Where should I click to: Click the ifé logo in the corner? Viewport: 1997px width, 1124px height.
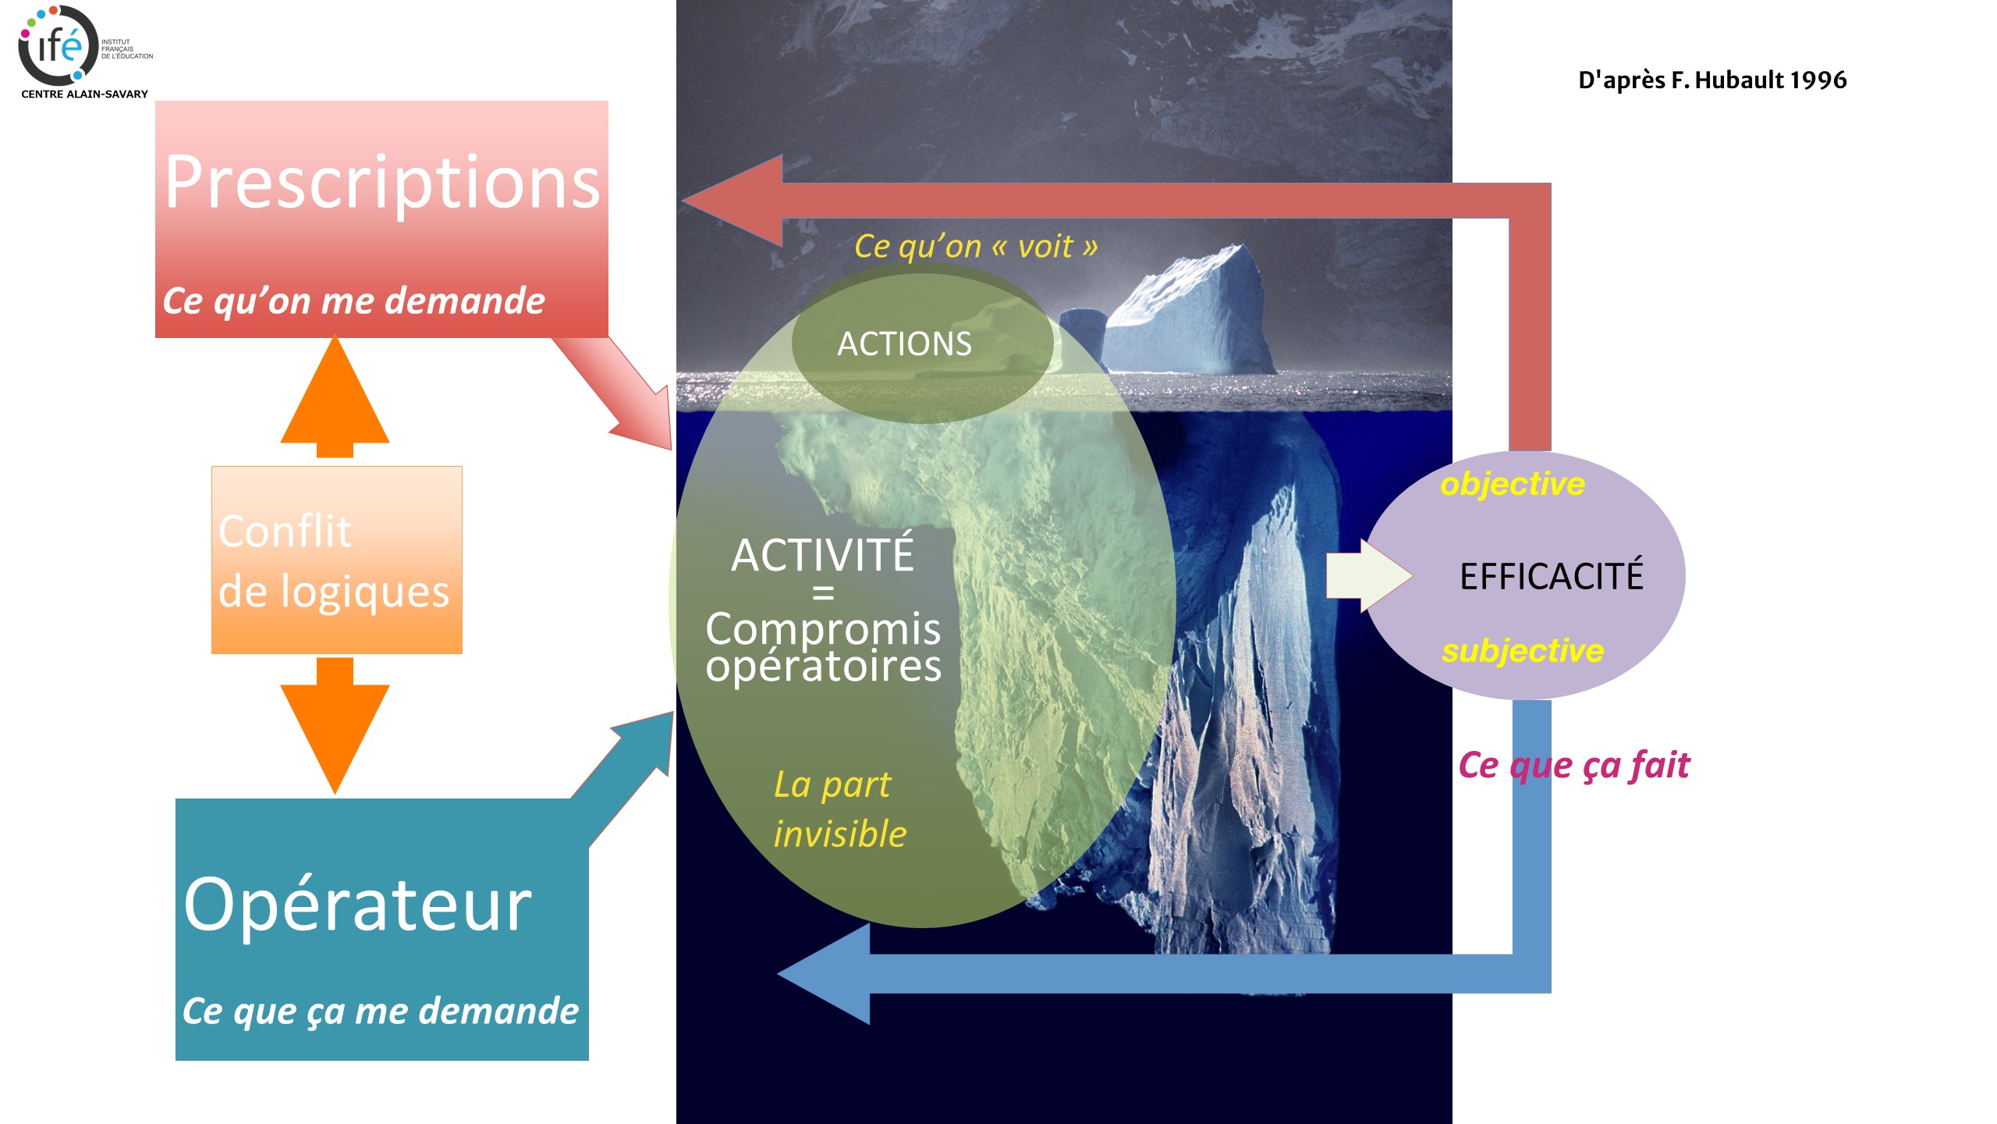pyautogui.click(x=59, y=45)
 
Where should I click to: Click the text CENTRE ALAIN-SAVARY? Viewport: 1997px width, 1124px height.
pyautogui.click(x=84, y=94)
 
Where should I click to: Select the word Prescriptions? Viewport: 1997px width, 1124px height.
pyautogui.click(x=382, y=183)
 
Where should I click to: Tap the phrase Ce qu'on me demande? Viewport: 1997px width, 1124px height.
pyautogui.click(x=353, y=301)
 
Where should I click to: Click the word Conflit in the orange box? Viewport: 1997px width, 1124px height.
pyautogui.click(x=285, y=532)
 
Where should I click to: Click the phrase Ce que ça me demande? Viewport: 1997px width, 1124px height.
pyautogui.click(x=381, y=1012)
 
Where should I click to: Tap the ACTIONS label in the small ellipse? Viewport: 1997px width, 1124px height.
pyautogui.click(x=905, y=344)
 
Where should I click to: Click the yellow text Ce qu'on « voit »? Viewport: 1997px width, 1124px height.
pyautogui.click(x=976, y=247)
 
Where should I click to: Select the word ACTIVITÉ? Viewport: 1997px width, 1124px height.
pyautogui.click(x=822, y=555)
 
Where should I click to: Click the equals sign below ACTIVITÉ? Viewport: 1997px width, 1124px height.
pyautogui.click(x=823, y=594)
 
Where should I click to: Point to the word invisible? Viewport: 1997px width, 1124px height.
pyautogui.click(x=840, y=834)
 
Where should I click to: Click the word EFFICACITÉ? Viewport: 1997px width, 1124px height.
pyautogui.click(x=1552, y=577)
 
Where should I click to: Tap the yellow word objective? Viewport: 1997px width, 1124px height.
pyautogui.click(x=1513, y=484)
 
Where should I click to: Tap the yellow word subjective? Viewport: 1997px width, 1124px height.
pyautogui.click(x=1523, y=651)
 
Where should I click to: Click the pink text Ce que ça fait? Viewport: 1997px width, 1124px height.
pyautogui.click(x=1574, y=766)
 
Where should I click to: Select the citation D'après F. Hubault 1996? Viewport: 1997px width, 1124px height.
pyautogui.click(x=1712, y=80)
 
